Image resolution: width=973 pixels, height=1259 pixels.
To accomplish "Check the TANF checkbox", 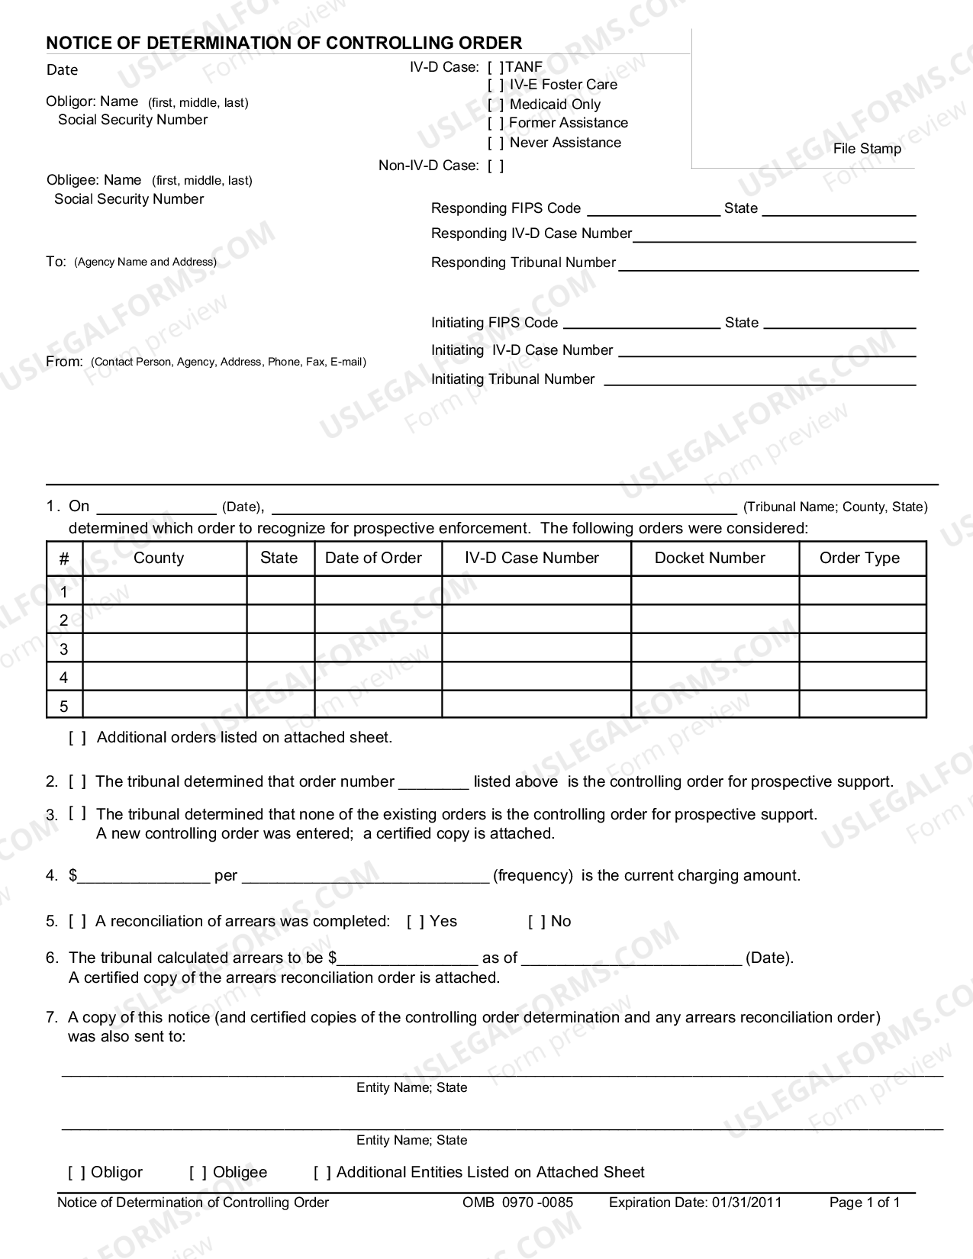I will pos(495,67).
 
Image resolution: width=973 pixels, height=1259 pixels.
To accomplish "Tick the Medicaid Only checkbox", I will pos(495,105).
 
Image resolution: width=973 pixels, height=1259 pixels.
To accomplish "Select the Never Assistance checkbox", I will pos(495,143).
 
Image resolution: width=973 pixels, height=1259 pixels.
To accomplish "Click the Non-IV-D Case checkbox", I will pos(495,166).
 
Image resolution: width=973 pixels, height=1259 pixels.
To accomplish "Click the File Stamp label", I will pos(867,149).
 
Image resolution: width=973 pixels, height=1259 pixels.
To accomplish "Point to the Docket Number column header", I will pos(710,558).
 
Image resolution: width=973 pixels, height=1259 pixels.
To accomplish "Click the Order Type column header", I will pos(859,558).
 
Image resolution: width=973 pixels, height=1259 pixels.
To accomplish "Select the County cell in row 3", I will pos(164,649).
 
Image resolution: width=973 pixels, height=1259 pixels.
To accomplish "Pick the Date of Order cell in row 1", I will pos(378,591).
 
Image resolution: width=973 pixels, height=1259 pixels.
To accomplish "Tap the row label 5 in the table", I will pos(64,706).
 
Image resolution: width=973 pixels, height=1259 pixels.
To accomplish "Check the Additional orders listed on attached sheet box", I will pos(77,738).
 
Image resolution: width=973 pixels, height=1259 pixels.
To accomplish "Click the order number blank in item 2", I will pos(433,783).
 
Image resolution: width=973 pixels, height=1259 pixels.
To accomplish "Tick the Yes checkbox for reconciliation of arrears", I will pos(415,922).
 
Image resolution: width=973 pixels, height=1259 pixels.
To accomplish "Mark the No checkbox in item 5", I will pos(536,922).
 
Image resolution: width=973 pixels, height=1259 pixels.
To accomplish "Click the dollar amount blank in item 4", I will pos(143,877).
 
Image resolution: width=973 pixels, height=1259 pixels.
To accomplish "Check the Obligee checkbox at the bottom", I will pos(198,1173).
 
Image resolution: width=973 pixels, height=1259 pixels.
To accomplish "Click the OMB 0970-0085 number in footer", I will pos(517,1203).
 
